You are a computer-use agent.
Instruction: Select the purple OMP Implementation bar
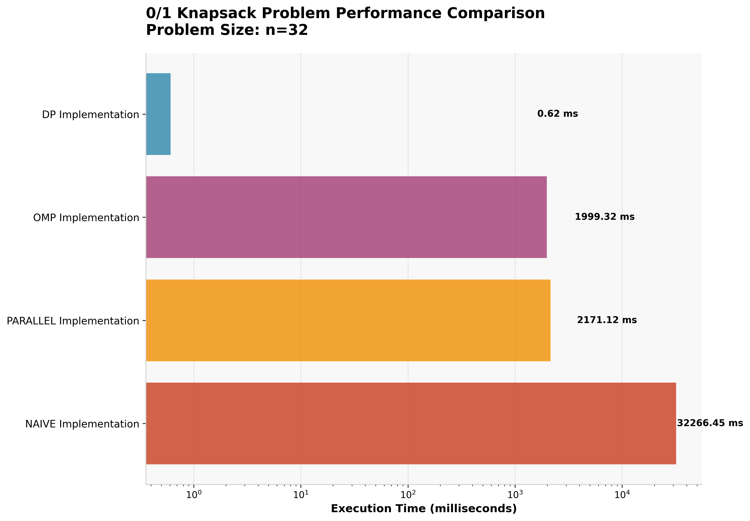[346, 217]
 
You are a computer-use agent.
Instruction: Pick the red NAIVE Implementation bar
[411, 423]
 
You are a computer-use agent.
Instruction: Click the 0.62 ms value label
[557, 114]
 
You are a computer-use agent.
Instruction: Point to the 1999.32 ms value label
[604, 217]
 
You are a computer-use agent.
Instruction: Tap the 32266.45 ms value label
[710, 423]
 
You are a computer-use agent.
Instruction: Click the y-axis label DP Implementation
[90, 115]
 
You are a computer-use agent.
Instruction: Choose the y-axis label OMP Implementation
[86, 218]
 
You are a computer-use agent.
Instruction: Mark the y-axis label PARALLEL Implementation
[73, 321]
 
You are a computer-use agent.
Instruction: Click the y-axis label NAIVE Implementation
[82, 424]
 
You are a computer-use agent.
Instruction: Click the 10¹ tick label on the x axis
[301, 495]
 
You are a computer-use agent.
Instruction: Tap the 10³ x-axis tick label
[515, 495]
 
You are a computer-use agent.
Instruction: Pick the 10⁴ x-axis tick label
[622, 495]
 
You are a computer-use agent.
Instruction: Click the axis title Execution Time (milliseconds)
[424, 509]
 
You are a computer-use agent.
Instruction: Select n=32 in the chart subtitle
[287, 30]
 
